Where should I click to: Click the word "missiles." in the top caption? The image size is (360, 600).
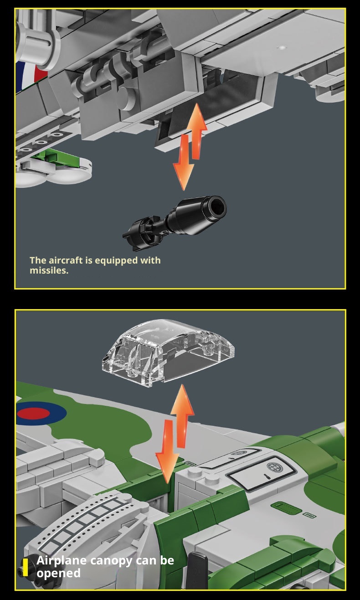click(x=49, y=270)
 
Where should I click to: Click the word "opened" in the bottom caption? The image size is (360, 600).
click(x=58, y=573)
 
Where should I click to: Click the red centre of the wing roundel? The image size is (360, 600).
click(x=33, y=414)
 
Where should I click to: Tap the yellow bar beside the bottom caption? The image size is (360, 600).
click(x=25, y=567)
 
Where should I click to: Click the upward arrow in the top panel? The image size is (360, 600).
click(x=197, y=131)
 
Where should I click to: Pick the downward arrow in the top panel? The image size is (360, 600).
click(x=184, y=162)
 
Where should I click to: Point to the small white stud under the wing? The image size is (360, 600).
click(x=282, y=48)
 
